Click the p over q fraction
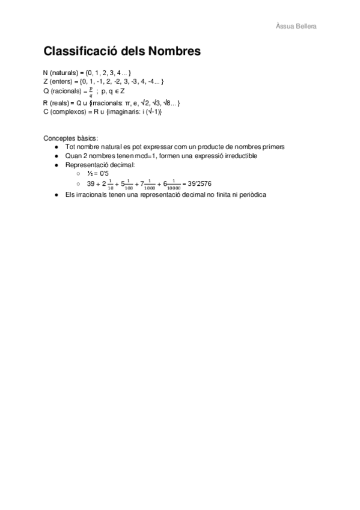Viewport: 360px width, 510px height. click(x=91, y=91)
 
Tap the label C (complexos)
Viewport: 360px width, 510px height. click(x=64, y=111)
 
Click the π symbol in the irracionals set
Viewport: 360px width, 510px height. click(x=127, y=103)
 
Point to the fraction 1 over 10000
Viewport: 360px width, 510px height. click(x=174, y=183)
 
